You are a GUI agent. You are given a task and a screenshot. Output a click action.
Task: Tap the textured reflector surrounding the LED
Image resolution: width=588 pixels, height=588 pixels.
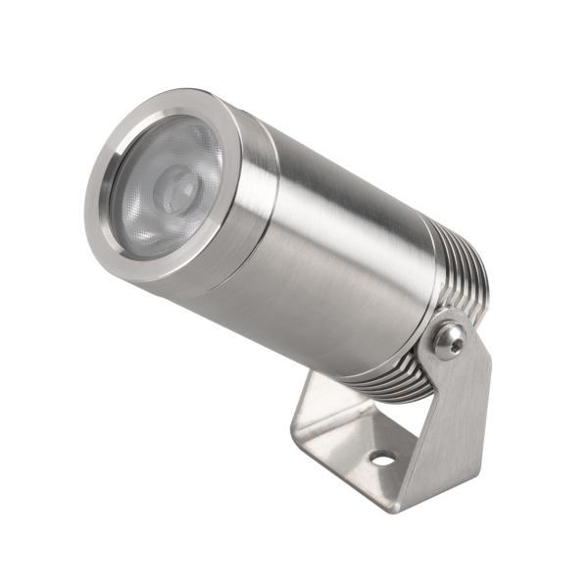coord(147,211)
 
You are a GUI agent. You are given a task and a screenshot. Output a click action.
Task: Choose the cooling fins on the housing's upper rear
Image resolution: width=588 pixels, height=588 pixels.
coord(461,255)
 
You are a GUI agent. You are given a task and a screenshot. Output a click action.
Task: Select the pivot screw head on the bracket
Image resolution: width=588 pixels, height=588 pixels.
coord(450,339)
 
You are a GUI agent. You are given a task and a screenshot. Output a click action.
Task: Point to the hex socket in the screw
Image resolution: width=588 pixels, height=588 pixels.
coord(450,339)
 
